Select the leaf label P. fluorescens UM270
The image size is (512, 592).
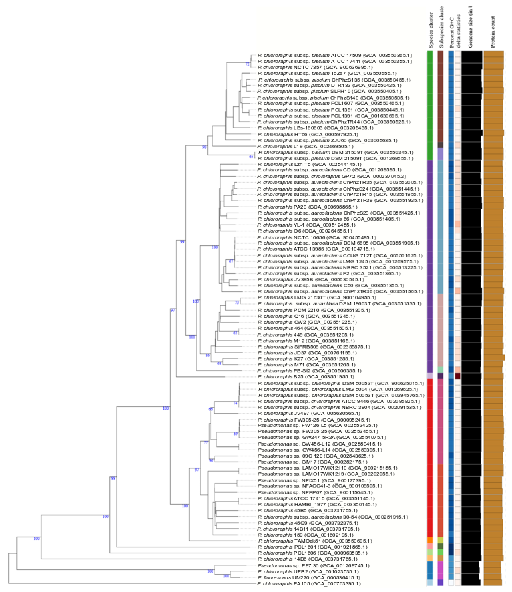(309, 577)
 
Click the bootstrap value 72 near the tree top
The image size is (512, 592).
(247, 64)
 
